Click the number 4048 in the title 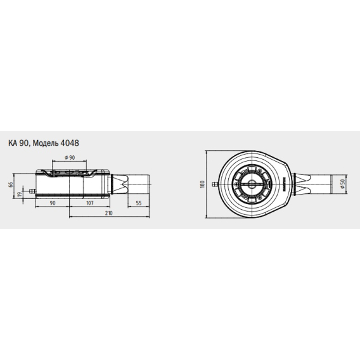click(x=70, y=143)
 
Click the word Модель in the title click(x=46, y=144)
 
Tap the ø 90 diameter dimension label click(x=70, y=157)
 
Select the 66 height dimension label click(x=11, y=184)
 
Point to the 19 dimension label click(x=20, y=194)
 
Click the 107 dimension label click(x=90, y=203)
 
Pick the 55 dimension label click(x=139, y=203)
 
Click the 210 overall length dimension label click(x=109, y=213)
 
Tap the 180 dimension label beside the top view click(x=202, y=184)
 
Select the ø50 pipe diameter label click(x=343, y=184)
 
